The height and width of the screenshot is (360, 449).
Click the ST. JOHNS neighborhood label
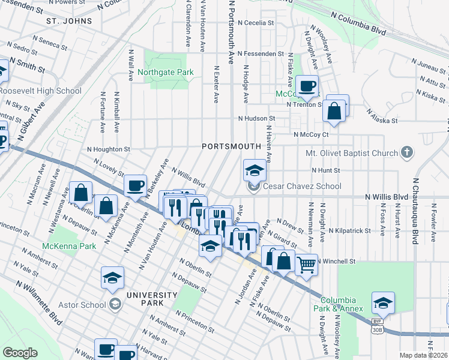click(x=70, y=21)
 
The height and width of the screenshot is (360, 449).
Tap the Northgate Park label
click(x=166, y=73)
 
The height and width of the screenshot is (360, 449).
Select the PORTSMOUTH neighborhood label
click(x=231, y=146)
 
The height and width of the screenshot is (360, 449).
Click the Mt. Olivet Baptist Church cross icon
click(x=407, y=152)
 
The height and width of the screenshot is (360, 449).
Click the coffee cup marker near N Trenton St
click(x=307, y=86)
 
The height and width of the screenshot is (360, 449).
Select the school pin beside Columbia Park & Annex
click(x=383, y=303)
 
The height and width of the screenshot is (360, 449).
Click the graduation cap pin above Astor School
click(x=113, y=278)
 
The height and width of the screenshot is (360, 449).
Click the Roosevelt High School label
click(x=40, y=91)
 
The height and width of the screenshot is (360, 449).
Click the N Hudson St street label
click(x=256, y=119)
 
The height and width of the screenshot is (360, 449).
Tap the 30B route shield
click(x=377, y=330)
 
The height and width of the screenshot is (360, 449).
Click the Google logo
click(x=20, y=352)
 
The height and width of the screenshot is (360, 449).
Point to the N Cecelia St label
click(x=256, y=23)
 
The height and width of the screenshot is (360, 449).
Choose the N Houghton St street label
click(x=108, y=149)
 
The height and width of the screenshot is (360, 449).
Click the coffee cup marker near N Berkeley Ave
click(x=135, y=185)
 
